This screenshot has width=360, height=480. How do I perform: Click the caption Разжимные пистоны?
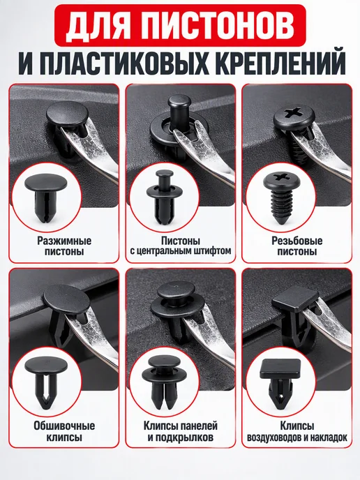[64, 246]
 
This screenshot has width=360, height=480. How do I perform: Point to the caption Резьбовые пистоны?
[297, 246]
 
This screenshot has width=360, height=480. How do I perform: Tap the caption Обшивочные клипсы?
[64, 431]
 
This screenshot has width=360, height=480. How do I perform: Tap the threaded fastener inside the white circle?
[279, 198]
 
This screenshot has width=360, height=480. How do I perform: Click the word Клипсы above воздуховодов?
[297, 426]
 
